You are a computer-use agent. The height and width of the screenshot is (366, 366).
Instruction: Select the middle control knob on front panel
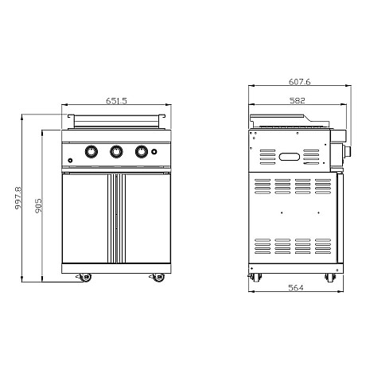[117, 152]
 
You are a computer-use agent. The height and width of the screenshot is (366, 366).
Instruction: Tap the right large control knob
[142, 152]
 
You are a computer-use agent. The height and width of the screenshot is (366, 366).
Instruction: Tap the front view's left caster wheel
[84, 278]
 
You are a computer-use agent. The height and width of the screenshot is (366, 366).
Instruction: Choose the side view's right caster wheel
[329, 278]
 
